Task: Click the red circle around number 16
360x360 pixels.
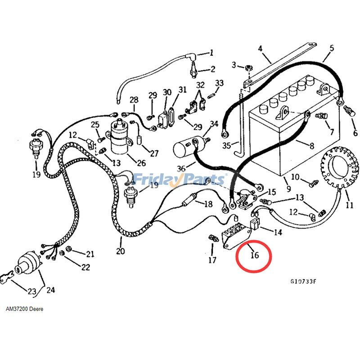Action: (x=254, y=256)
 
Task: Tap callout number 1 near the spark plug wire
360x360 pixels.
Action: (x=211, y=53)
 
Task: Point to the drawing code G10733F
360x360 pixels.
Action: (x=303, y=281)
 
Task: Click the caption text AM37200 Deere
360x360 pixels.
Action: (x=25, y=310)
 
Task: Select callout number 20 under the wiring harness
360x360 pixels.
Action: (x=121, y=251)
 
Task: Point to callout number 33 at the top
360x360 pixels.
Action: (x=219, y=83)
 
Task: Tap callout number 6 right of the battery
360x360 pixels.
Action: (x=355, y=133)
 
